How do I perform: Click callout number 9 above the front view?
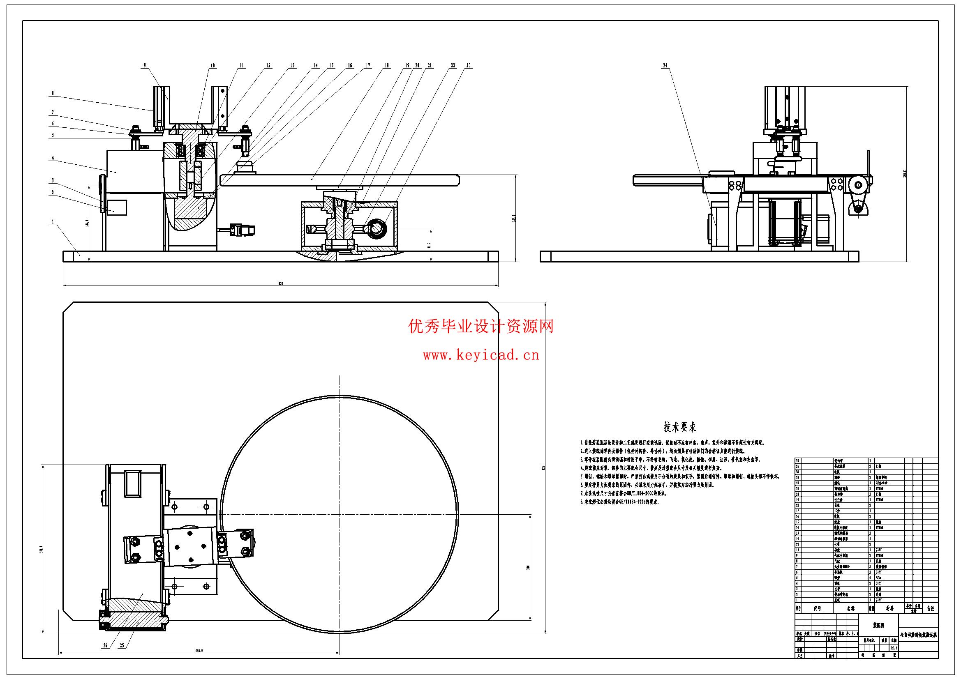(145, 65)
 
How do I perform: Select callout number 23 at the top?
(468, 65)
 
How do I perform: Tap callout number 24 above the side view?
(665, 65)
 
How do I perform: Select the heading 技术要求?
(680, 427)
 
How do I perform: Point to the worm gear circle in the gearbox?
(375, 229)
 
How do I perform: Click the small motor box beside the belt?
(117, 207)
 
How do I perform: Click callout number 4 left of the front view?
(53, 158)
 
